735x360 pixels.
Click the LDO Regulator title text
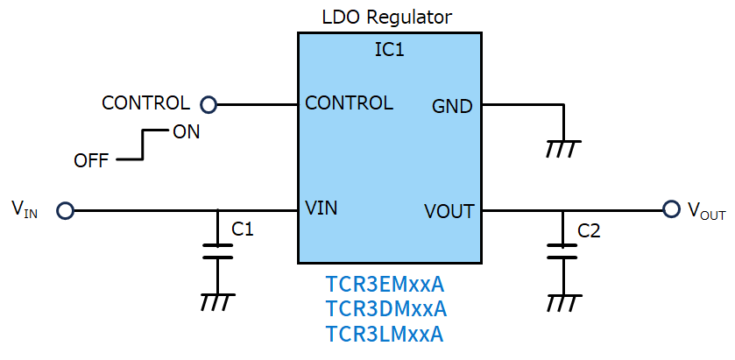point(387,17)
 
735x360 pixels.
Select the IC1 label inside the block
point(389,50)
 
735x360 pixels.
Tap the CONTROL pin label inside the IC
point(349,103)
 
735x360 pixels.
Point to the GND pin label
point(452,107)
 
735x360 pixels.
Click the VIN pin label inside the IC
point(322,208)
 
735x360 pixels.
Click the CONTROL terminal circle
point(208,105)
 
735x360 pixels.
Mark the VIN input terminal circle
point(65,210)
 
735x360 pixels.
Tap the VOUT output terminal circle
point(671,209)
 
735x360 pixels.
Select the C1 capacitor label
point(243,230)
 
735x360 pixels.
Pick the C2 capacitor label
point(590,231)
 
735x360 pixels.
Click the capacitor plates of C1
point(217,251)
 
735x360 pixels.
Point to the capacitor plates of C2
point(562,251)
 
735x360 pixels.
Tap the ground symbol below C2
point(562,302)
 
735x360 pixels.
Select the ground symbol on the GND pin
point(562,148)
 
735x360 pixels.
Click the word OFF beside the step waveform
point(91,160)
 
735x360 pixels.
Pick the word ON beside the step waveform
point(186,133)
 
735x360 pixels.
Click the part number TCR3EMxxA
point(385,285)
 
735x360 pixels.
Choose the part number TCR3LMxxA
point(385,334)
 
